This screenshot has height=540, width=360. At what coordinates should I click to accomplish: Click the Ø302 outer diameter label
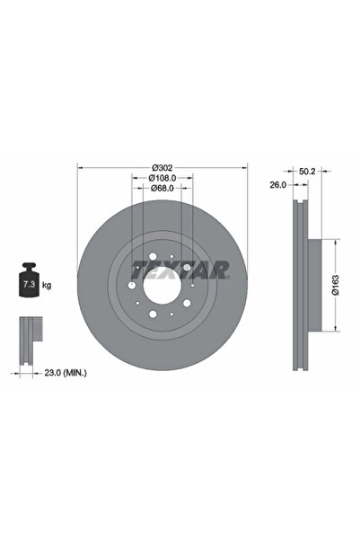[x=162, y=168]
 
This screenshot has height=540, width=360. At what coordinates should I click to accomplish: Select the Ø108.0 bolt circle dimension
[x=162, y=178]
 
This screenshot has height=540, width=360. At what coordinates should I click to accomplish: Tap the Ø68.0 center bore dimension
[x=162, y=189]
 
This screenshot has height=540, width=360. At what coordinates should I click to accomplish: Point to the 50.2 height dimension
[x=306, y=169]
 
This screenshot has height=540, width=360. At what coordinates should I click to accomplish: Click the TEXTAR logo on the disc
[x=180, y=268]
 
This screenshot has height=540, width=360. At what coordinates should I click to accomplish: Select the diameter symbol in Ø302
[x=154, y=168]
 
